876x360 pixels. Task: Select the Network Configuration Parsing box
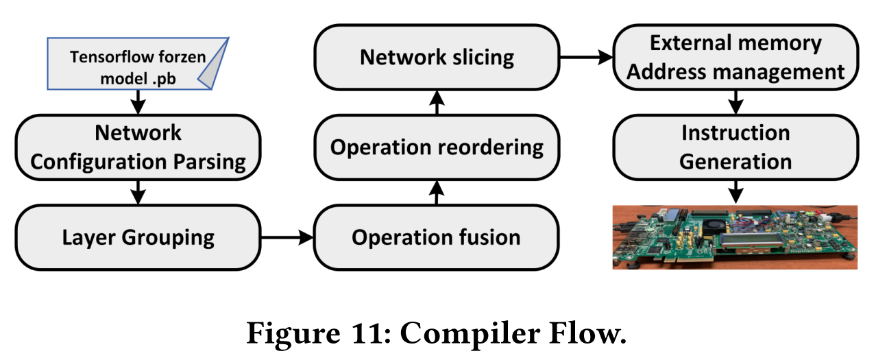(138, 147)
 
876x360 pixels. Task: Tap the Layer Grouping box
(138, 237)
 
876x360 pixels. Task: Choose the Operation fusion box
(436, 237)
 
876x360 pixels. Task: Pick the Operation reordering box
(436, 147)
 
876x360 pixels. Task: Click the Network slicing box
(436, 57)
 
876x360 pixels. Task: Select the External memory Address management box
(735, 57)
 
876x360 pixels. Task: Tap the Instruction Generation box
(735, 147)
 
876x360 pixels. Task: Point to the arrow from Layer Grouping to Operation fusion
(287, 238)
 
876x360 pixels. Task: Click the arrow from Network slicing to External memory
(586, 58)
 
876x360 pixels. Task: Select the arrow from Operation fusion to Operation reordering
(437, 193)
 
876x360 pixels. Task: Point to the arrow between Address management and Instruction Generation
(736, 102)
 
